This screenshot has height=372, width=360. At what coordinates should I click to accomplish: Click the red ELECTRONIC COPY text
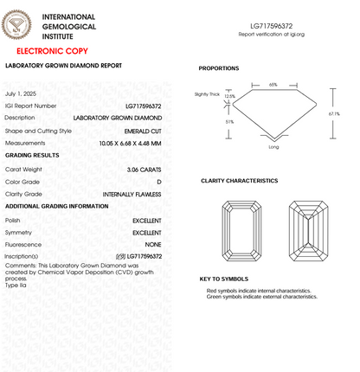pyautogui.click(x=51, y=51)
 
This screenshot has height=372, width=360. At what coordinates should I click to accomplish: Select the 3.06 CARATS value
pyautogui.click(x=144, y=169)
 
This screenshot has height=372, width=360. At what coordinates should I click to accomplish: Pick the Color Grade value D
pyautogui.click(x=159, y=182)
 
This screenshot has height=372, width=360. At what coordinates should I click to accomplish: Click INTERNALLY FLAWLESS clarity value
pyautogui.click(x=132, y=194)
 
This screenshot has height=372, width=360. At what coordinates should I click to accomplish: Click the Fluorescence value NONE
pyautogui.click(x=153, y=245)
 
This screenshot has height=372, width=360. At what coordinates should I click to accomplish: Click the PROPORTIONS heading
pyautogui.click(x=219, y=68)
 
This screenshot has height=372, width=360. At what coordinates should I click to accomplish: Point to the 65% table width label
pyautogui.click(x=273, y=85)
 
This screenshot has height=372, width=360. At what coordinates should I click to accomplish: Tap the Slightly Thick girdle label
pyautogui.click(x=209, y=93)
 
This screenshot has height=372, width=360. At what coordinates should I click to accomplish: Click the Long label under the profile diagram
pyautogui.click(x=273, y=147)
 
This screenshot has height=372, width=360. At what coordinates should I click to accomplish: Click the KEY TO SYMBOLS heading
pyautogui.click(x=223, y=279)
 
